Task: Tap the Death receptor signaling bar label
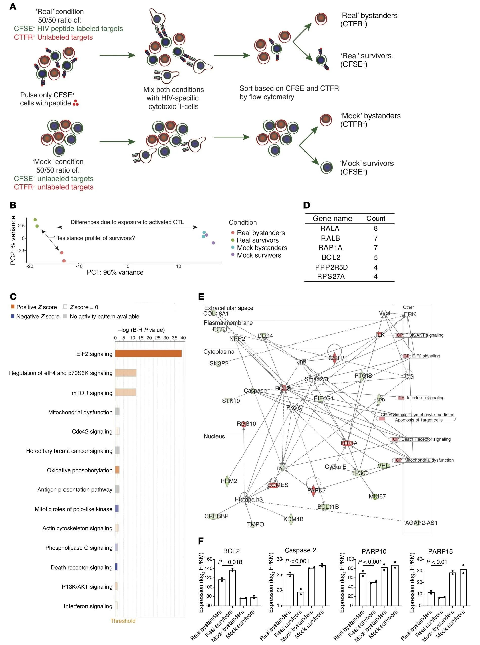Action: click(81, 567)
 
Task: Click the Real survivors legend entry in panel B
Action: click(257, 240)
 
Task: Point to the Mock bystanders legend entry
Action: click(262, 248)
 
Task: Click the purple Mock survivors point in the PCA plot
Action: click(213, 243)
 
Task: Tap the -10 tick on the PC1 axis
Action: click(79, 266)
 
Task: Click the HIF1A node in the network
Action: click(349, 443)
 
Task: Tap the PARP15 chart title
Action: click(440, 551)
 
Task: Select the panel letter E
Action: click(201, 297)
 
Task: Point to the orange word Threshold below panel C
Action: click(123, 621)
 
